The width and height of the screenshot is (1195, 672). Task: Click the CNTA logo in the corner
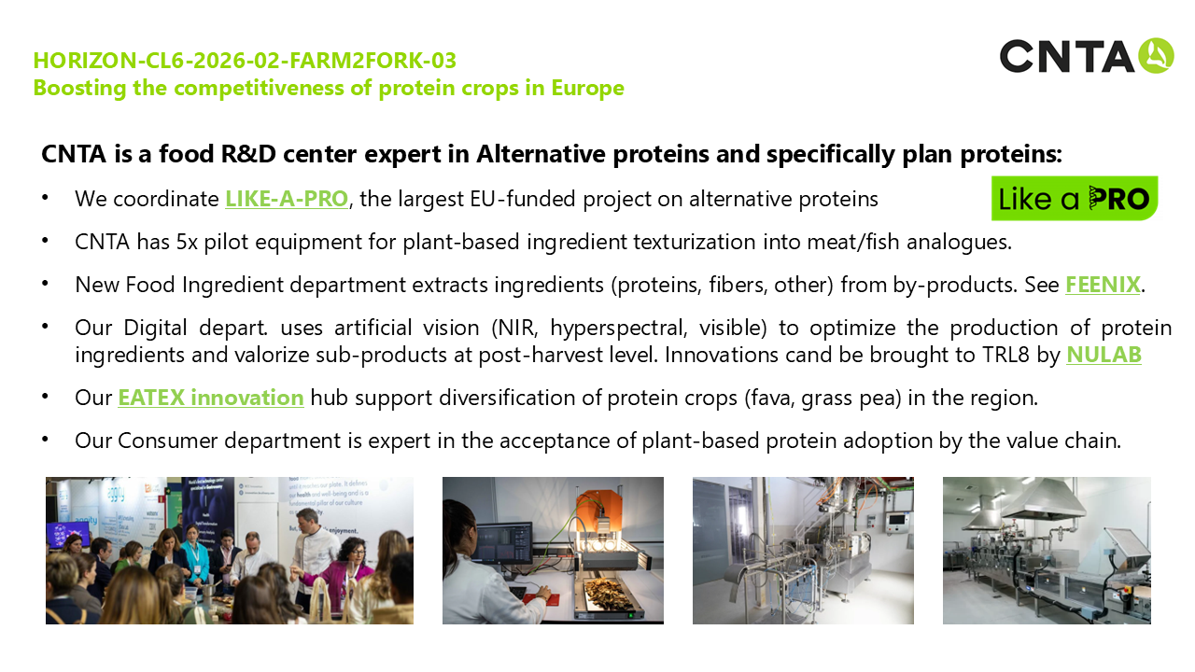point(1087,55)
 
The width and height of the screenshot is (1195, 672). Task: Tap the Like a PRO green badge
point(1075,199)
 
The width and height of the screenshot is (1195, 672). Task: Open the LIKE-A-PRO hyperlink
point(287,199)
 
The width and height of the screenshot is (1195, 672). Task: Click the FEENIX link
point(1103,285)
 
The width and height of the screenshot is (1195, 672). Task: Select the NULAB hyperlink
point(1104,356)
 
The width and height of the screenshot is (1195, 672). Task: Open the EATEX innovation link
point(211,398)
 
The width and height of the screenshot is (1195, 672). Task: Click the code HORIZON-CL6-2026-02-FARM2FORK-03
point(245,61)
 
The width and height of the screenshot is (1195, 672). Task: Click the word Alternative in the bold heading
point(540,154)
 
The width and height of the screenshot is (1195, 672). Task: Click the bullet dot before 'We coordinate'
point(45,198)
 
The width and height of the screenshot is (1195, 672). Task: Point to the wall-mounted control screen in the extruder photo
point(896,522)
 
